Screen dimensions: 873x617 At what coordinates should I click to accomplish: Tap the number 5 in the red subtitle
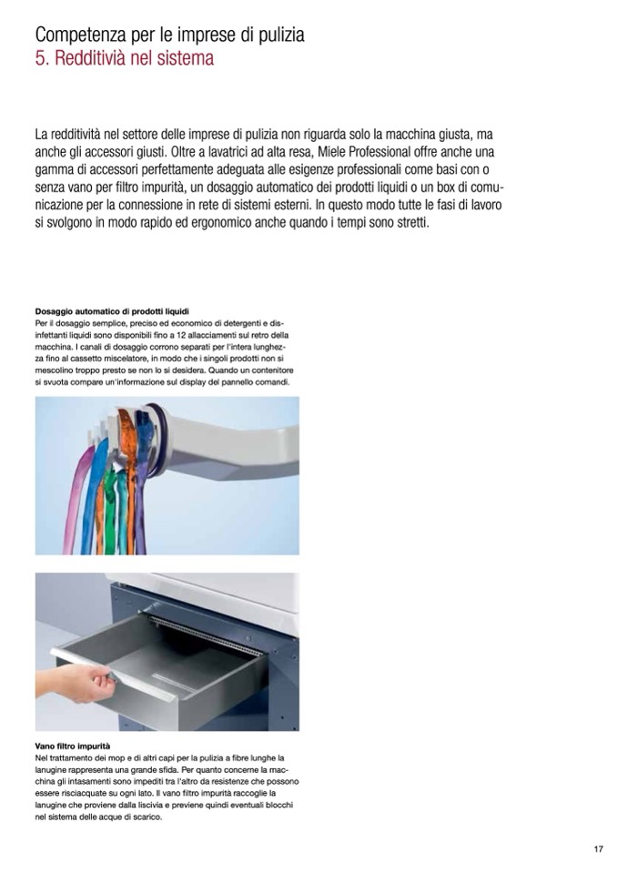click(40, 59)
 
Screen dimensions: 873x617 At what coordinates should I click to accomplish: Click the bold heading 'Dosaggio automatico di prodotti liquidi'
click(111, 312)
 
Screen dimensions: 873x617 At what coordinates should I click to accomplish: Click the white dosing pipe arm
click(237, 429)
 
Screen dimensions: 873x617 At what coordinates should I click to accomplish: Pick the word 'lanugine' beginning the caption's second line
click(53, 770)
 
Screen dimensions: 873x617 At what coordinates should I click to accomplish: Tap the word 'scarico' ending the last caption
click(148, 817)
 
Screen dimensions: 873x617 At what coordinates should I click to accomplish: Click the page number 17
click(599, 850)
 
